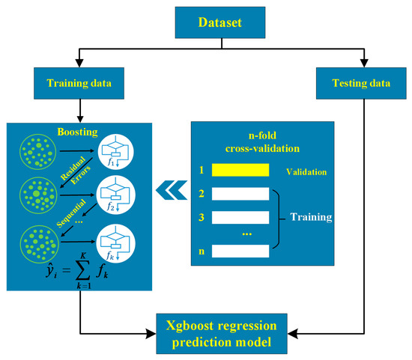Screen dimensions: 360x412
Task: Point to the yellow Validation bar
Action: (x=240, y=171)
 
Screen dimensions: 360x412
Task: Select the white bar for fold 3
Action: (x=240, y=218)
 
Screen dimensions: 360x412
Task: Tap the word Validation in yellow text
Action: (x=306, y=171)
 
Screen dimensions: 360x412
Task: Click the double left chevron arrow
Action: (x=169, y=194)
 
